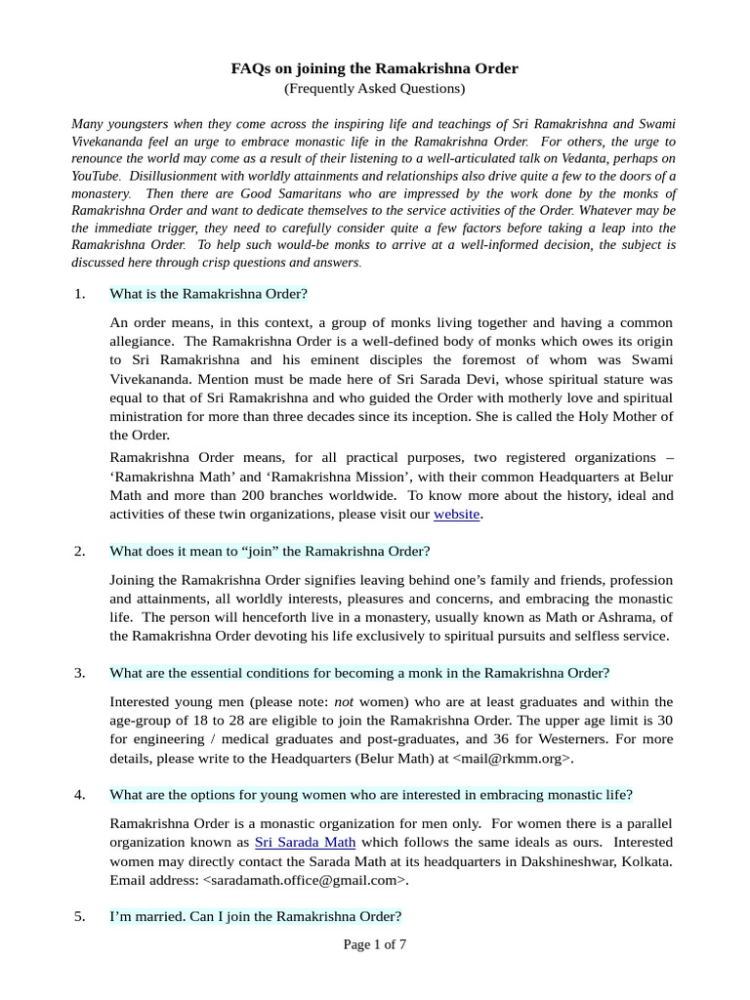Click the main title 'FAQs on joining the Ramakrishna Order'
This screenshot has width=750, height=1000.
click(374, 68)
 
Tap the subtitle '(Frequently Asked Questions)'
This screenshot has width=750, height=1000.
click(374, 89)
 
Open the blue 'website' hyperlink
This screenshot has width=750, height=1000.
click(456, 514)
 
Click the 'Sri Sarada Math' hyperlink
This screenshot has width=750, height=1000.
click(305, 842)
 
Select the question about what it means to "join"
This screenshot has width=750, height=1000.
click(270, 552)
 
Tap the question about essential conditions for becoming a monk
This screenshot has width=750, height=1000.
click(359, 673)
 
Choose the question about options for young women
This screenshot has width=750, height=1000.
click(371, 794)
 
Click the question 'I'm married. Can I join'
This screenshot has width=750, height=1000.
click(255, 916)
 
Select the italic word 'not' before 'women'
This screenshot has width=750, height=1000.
click(344, 701)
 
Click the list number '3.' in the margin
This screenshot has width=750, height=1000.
click(80, 673)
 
